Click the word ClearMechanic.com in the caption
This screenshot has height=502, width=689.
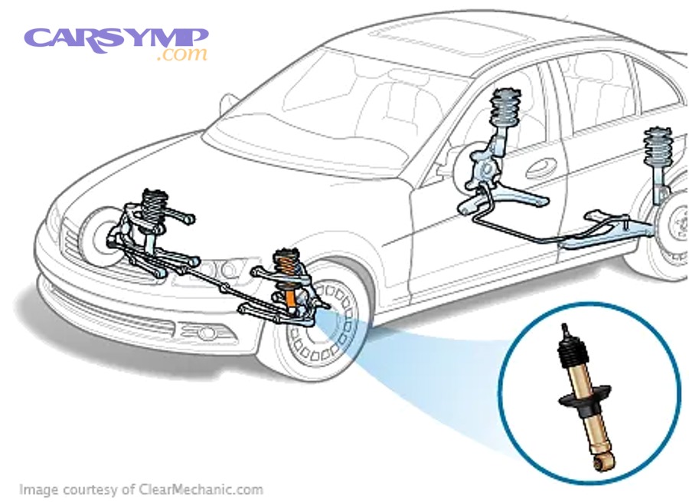pos(201,489)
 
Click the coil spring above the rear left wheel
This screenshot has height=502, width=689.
pos(658,147)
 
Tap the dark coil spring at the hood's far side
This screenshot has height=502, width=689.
pos(154,206)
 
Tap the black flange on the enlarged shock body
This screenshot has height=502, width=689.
pos(584,395)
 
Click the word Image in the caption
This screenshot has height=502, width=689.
pos(38,489)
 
